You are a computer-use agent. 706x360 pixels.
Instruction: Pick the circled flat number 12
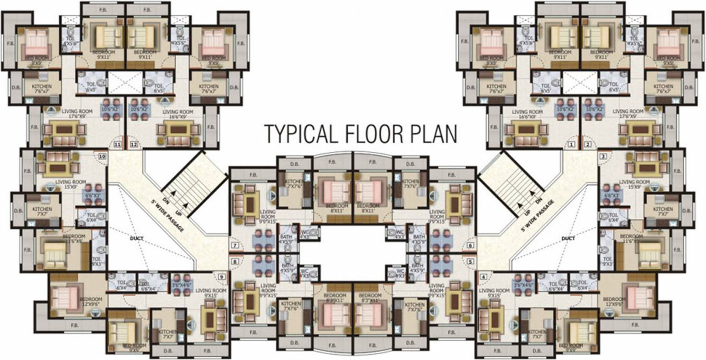(x=134, y=144)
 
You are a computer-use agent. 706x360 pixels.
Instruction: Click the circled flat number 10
(x=102, y=156)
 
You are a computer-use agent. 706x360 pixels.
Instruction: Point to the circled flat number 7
(x=235, y=246)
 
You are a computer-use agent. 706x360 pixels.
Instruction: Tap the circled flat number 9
(x=221, y=276)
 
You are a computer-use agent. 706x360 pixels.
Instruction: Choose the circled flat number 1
(x=571, y=144)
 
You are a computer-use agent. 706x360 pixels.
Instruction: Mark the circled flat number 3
(x=603, y=156)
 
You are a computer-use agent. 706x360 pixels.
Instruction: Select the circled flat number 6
(x=470, y=246)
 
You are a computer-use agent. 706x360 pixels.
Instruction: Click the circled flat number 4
(x=484, y=276)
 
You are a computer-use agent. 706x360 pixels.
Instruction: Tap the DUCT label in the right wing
(x=569, y=238)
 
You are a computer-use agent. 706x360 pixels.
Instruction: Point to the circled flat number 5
(x=470, y=261)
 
